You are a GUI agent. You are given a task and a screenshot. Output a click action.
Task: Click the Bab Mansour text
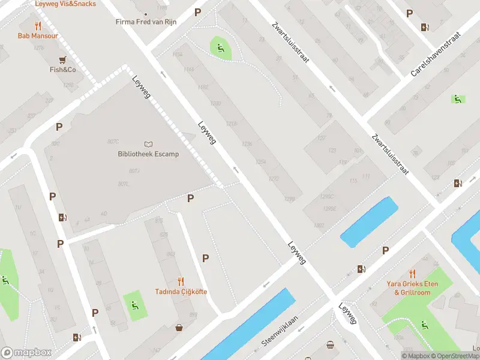pyautogui.click(x=38, y=36)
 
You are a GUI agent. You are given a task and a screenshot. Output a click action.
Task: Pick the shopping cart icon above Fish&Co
pyautogui.click(x=62, y=59)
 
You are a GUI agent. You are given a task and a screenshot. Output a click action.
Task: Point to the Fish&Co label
pyautogui.click(x=62, y=70)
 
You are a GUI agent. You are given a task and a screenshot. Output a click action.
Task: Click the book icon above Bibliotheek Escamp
pyautogui.click(x=148, y=144)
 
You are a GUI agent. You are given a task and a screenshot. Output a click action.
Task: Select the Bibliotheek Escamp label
pyautogui.click(x=148, y=154)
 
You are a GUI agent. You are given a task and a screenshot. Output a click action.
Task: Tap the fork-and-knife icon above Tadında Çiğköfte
pyautogui.click(x=181, y=281)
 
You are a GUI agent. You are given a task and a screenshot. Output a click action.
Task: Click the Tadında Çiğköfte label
pyautogui.click(x=181, y=292)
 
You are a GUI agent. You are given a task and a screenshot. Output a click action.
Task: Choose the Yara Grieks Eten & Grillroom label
pyautogui.click(x=412, y=288)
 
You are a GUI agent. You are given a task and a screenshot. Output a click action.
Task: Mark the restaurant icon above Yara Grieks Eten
pyautogui.click(x=412, y=273)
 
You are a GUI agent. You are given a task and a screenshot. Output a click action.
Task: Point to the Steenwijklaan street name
pyautogui.click(x=280, y=332)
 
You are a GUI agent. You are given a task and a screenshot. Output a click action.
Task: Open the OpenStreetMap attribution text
pyautogui.click(x=456, y=356)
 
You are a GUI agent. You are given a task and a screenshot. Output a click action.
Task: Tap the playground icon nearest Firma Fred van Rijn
pyautogui.click(x=220, y=48)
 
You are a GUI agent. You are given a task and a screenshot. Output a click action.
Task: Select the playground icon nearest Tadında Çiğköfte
pyautogui.click(x=133, y=304)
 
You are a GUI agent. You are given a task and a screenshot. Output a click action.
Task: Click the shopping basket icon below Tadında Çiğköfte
pyautogui.click(x=179, y=328)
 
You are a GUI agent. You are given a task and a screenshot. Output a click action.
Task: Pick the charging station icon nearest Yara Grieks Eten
pyautogui.click(x=361, y=269)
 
